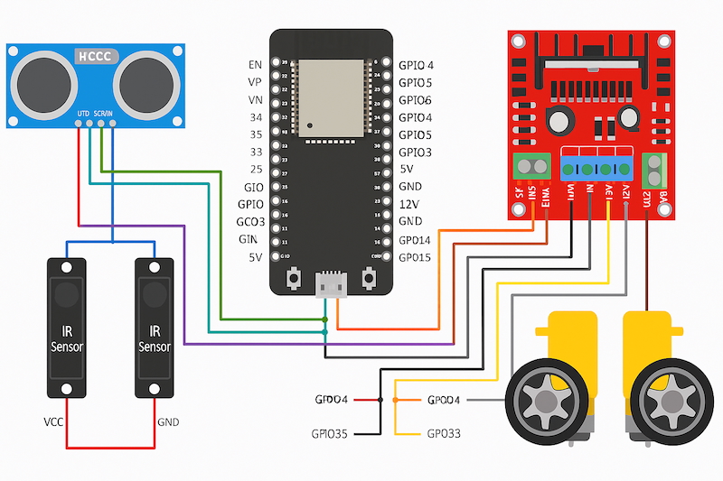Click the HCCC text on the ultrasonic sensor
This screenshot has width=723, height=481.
96,56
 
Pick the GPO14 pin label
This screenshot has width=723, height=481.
415,240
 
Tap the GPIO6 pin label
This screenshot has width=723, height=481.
415,99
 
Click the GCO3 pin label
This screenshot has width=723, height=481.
250,221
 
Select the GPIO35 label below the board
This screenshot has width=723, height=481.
329,434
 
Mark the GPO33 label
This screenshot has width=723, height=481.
443,434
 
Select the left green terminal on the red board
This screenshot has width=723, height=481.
532,167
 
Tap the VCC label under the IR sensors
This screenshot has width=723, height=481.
53,421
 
